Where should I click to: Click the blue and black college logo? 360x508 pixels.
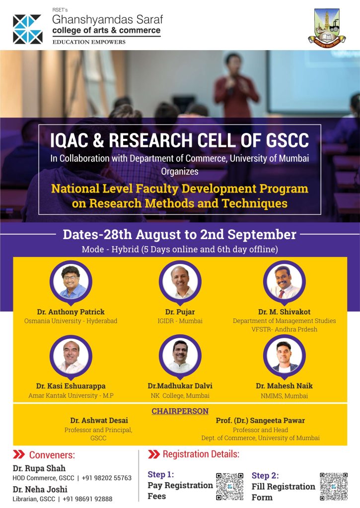pos(28,29)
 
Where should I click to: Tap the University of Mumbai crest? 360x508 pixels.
pos(327,28)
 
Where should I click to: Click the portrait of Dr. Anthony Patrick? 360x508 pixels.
pos(71,282)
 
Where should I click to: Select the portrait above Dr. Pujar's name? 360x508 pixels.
pos(180,282)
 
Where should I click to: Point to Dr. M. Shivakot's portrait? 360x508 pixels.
pos(285,282)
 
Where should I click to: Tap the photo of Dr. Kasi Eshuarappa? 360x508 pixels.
pos(71,356)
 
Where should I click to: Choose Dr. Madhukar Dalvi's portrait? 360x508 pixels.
pos(180,356)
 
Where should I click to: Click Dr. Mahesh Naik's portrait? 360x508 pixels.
pos(285,356)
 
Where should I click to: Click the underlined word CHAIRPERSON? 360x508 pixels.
pos(180,411)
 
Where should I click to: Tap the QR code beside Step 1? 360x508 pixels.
pos(229,486)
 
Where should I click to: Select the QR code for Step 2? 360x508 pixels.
pos(334,486)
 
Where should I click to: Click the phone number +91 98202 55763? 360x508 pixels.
pos(107,478)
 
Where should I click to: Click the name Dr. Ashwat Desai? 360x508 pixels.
pos(99,421)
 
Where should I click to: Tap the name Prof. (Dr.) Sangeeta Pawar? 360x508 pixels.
pos(260,421)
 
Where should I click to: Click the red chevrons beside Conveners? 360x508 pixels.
pos(19,454)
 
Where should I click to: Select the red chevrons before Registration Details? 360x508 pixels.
pos(154,454)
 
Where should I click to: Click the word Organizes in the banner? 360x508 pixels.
pos(180,171)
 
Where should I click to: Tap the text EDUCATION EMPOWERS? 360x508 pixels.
pos(89,42)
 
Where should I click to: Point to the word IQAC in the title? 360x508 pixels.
pos(69,140)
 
